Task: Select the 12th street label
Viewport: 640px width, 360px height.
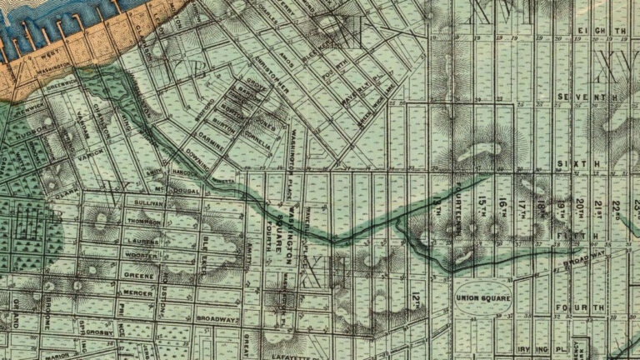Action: point(416,295)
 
